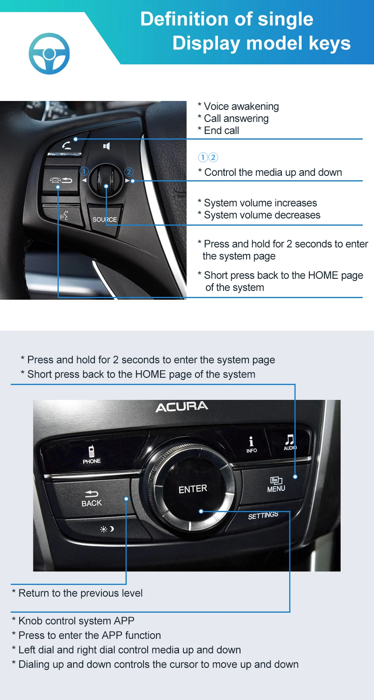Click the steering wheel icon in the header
(49, 54)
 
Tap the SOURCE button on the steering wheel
(104, 219)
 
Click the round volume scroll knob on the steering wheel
(105, 180)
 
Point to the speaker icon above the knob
(106, 146)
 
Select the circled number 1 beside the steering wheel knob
(84, 171)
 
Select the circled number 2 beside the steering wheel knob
(129, 172)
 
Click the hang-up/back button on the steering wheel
(61, 180)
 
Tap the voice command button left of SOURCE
(64, 216)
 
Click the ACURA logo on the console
(182, 407)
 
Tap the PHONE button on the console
(92, 455)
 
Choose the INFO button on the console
(251, 445)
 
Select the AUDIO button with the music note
(290, 442)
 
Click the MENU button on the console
(276, 484)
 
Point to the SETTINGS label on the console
(263, 515)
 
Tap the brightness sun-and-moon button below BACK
(107, 529)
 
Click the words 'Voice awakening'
(241, 106)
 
